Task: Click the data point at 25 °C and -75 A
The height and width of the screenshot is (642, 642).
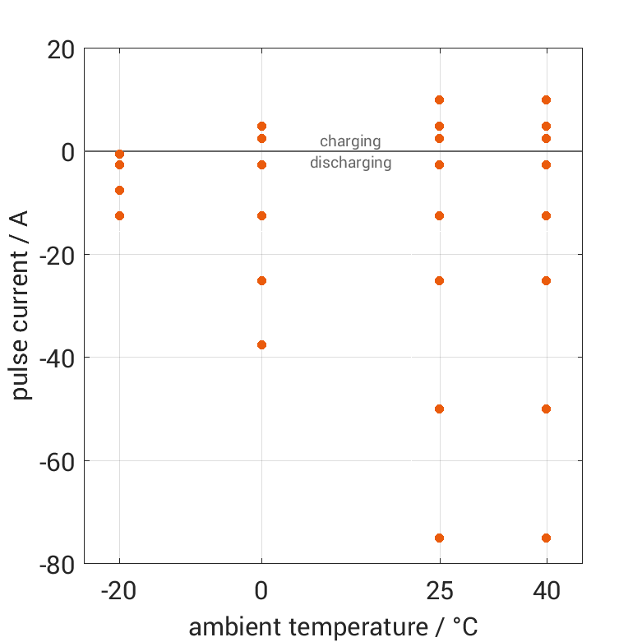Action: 439,538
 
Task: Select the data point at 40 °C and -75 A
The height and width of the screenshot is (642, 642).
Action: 546,538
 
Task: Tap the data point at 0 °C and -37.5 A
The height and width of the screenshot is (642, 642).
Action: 261,344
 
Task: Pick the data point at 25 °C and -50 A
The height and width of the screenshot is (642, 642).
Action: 439,409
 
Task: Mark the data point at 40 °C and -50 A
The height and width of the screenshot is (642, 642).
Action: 546,409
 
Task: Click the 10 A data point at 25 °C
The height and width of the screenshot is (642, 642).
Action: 439,99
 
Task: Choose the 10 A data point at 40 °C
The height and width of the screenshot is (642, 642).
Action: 546,99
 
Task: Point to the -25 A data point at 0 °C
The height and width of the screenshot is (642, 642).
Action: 261,280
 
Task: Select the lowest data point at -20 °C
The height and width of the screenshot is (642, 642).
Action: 119,215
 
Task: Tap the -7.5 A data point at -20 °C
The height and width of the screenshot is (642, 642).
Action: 119,190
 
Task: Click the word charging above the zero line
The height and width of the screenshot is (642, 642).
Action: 350,141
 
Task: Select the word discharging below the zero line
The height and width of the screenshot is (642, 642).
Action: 350,163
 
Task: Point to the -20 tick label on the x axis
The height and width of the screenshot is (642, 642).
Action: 119,590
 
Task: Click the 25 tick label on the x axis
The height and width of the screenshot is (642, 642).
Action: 439,590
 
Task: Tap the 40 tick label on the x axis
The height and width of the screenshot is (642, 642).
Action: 546,590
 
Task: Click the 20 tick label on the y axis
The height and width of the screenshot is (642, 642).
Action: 62,49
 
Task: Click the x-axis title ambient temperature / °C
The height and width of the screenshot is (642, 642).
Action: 333,627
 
